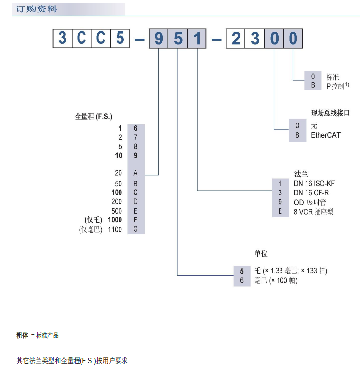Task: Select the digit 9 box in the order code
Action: coord(159,39)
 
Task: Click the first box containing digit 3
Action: coord(62,39)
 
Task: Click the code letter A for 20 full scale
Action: coord(135,173)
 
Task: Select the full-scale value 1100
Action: coord(115,230)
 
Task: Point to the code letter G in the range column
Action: coord(135,230)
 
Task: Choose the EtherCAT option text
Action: coord(325,135)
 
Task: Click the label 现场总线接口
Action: coord(330,113)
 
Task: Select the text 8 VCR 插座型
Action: coord(314,212)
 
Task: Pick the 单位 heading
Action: coord(261,254)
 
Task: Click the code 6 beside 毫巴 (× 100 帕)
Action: coord(242,280)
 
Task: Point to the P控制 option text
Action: coord(338,86)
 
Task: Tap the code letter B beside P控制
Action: coord(312,86)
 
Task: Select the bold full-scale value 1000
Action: coord(115,220)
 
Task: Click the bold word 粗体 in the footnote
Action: coord(23,336)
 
